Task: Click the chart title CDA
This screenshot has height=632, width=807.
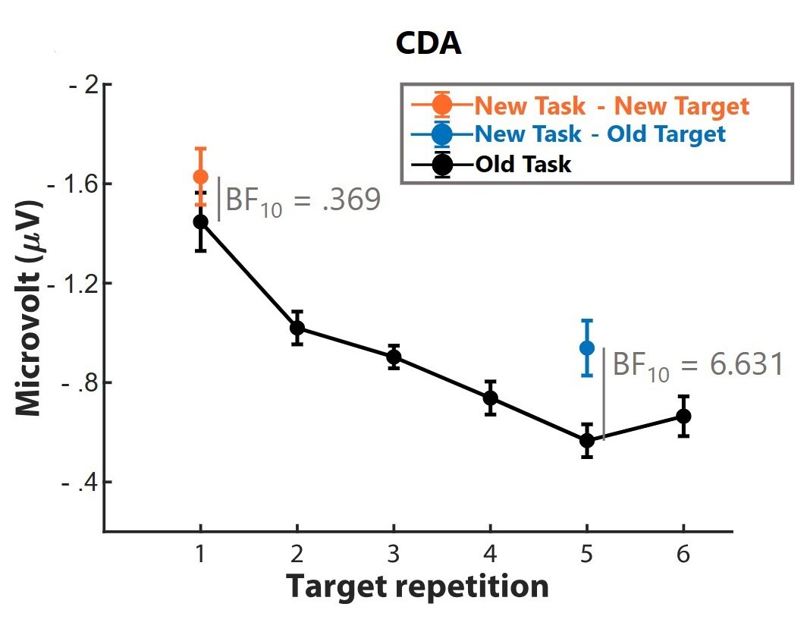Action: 429,45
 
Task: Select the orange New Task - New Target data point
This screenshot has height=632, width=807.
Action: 200,177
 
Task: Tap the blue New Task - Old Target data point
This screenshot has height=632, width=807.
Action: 587,347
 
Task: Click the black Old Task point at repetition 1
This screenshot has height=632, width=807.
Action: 200,222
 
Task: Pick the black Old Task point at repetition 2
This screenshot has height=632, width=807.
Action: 297,328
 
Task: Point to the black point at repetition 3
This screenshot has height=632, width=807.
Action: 394,357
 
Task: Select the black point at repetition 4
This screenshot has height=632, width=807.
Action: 491,398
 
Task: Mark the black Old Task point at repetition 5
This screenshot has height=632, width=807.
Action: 587,440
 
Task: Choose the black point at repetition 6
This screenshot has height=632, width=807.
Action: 683,416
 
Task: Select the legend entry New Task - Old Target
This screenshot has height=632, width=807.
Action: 600,134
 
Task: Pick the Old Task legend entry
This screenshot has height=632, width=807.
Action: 523,163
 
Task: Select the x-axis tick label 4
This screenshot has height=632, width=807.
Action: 491,556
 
